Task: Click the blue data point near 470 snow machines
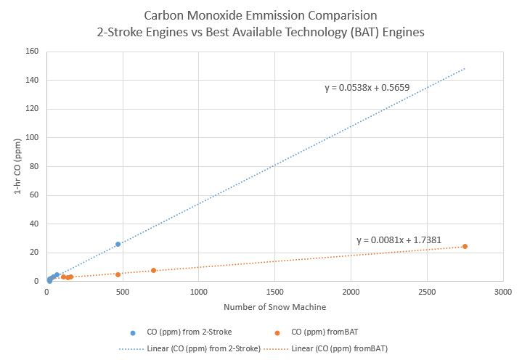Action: click(118, 244)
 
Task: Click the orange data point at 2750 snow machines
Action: click(465, 246)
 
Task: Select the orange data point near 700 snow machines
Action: click(153, 270)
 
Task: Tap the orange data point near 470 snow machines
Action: click(118, 274)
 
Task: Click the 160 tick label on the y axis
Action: click(32, 52)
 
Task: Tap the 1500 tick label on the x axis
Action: click(274, 292)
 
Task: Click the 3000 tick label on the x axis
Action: click(502, 292)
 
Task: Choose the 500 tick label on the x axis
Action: click(122, 292)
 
